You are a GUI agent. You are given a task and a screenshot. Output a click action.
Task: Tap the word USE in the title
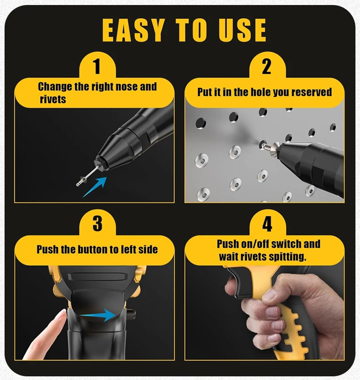coord(242,30)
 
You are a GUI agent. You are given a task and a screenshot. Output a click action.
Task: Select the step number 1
coord(97,66)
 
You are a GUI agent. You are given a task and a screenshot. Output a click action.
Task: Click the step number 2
coord(267,66)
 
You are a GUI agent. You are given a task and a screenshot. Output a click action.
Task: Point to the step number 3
coord(98,224)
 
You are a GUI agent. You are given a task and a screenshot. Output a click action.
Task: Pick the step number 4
coord(267,224)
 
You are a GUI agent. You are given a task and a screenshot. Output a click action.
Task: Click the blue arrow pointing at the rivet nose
coord(95,187)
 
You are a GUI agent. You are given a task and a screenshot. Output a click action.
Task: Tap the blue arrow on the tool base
coord(98,315)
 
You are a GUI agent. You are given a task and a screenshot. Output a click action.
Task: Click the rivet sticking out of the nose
coord(87,176)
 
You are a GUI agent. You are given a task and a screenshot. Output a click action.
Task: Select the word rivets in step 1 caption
coord(53,99)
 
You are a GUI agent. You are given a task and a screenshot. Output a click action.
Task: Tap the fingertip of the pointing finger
coord(62,312)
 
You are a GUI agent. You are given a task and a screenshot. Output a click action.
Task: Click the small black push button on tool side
coord(131,314)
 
